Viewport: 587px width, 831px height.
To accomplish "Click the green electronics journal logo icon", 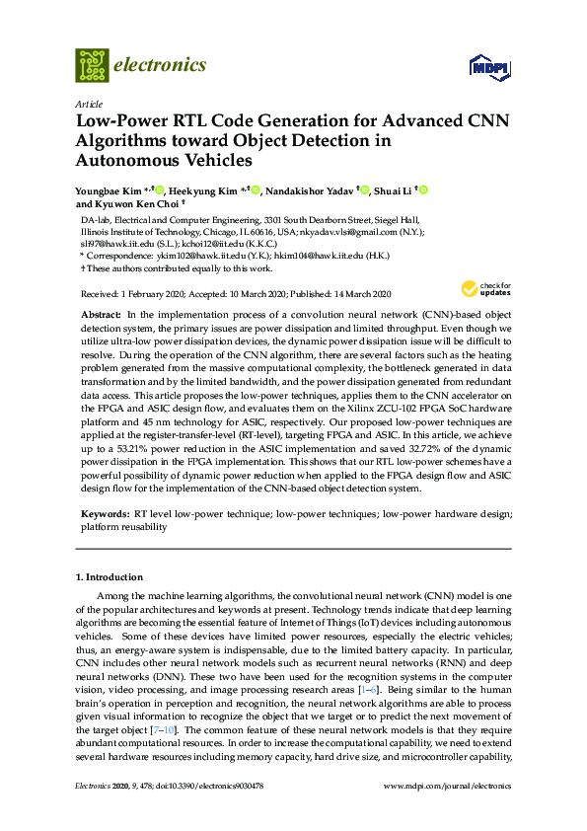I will click(x=92, y=65).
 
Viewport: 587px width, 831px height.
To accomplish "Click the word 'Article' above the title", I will click(x=89, y=104).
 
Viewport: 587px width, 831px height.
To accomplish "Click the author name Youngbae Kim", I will click(x=108, y=189).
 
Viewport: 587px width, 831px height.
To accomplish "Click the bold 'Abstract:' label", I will click(x=101, y=312).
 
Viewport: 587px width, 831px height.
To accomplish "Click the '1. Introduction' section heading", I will click(x=110, y=577).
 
